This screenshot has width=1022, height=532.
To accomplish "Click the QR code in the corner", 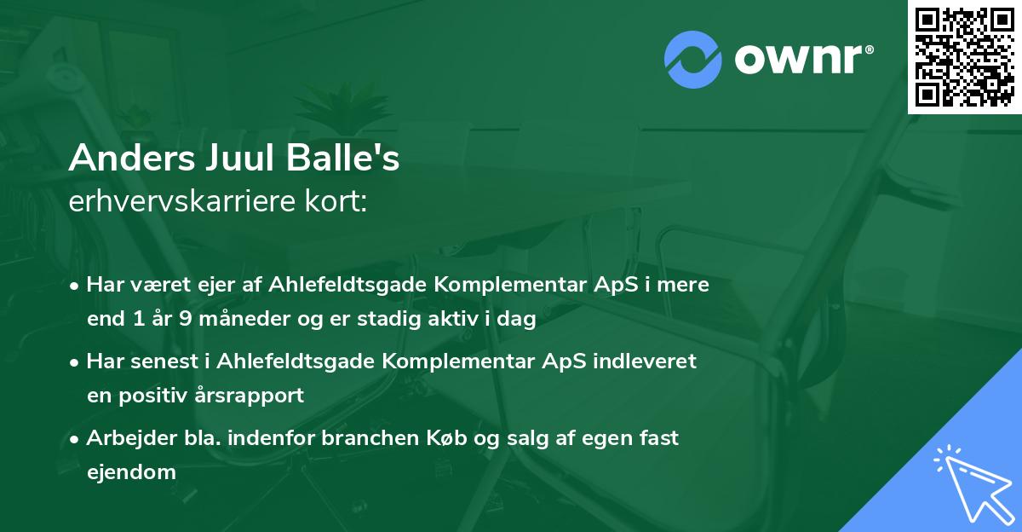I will point(965,57).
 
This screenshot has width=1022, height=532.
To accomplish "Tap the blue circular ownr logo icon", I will point(694,60).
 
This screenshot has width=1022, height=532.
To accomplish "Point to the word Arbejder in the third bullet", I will point(123,437).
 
